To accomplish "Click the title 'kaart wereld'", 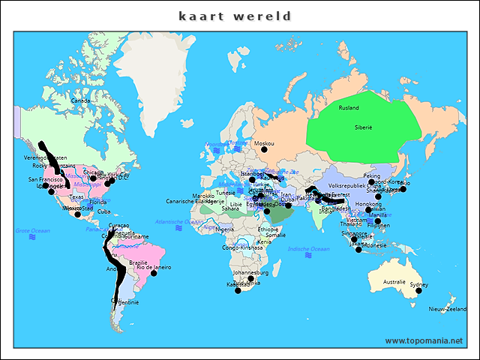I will point(235,16).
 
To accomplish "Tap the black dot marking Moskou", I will point(264,150).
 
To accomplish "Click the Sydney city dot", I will point(419,291).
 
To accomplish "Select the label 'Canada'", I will point(80,100).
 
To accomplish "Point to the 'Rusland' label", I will point(349,108).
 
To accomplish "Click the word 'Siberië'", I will point(364,127).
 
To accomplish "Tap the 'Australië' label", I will point(394,281).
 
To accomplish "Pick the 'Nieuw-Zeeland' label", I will point(447,309).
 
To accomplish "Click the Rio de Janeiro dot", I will point(154,273).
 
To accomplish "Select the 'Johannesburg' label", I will point(250,272).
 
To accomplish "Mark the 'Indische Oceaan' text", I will point(308,248).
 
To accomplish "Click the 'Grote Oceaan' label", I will point(33,230).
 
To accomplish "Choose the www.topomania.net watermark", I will point(424,340).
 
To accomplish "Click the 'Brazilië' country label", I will point(138,262).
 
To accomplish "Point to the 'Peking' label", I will point(372,175).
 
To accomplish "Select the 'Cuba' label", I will point(104,211).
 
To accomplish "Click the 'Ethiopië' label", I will point(268,229).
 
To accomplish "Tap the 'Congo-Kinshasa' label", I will point(242,247).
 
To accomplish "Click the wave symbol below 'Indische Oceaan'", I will point(308,256).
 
